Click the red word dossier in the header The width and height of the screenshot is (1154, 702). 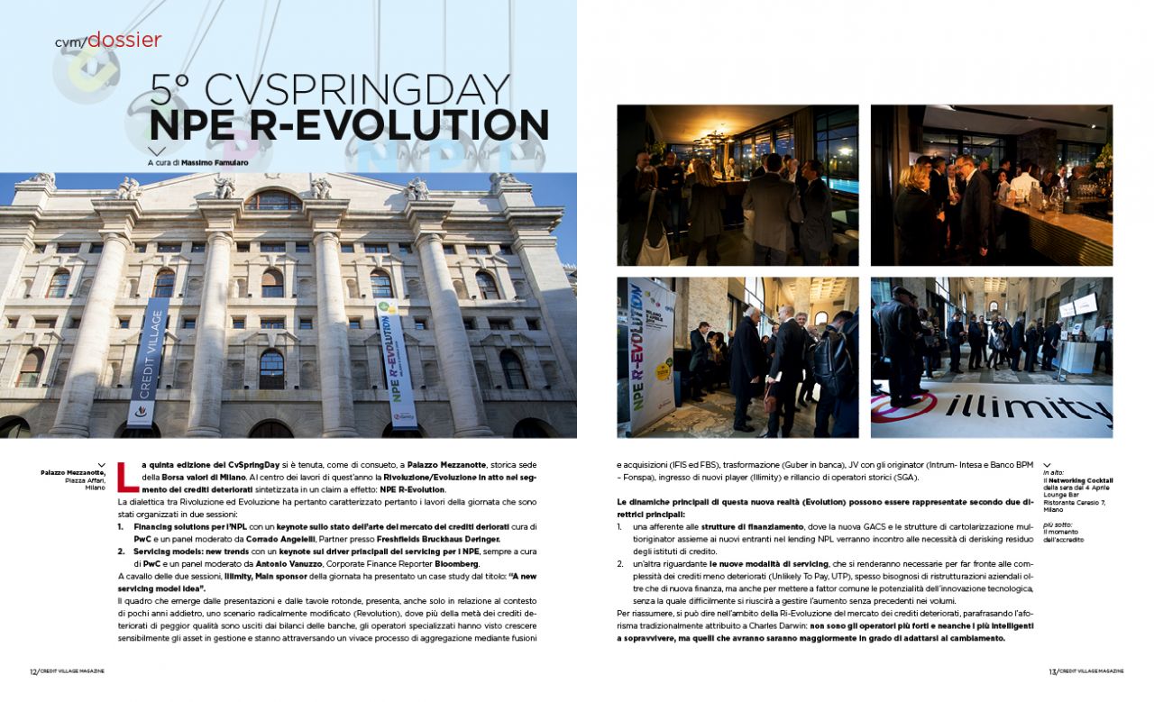point(124,40)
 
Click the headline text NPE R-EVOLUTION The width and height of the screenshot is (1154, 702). point(349,125)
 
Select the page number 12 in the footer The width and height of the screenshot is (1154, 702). point(32,671)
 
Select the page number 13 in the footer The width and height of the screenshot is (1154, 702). point(1052,671)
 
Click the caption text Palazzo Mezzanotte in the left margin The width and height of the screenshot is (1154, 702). point(73,472)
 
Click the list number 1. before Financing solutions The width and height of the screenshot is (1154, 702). point(122,526)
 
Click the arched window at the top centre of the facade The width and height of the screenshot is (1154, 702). point(273,201)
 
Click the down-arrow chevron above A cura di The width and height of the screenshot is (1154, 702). point(157,150)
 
